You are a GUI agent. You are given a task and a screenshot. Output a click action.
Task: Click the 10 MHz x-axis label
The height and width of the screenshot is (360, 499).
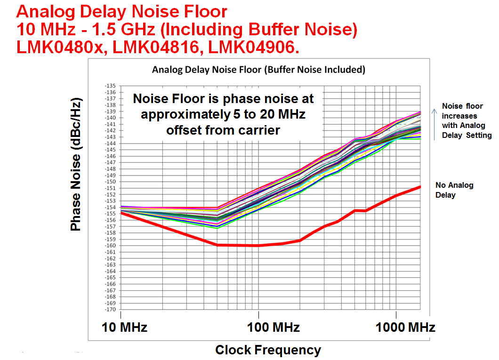(125, 328)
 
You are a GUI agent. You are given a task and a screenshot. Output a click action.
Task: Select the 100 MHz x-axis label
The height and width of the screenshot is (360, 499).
(273, 328)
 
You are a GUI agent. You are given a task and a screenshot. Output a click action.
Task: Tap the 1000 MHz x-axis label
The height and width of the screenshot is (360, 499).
(405, 328)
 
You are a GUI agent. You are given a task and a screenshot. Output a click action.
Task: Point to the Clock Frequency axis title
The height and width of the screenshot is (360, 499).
(268, 350)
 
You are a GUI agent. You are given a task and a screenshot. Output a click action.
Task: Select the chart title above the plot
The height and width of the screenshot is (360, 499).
(258, 70)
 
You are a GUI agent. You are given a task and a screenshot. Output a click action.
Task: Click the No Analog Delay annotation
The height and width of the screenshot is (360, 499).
(454, 190)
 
